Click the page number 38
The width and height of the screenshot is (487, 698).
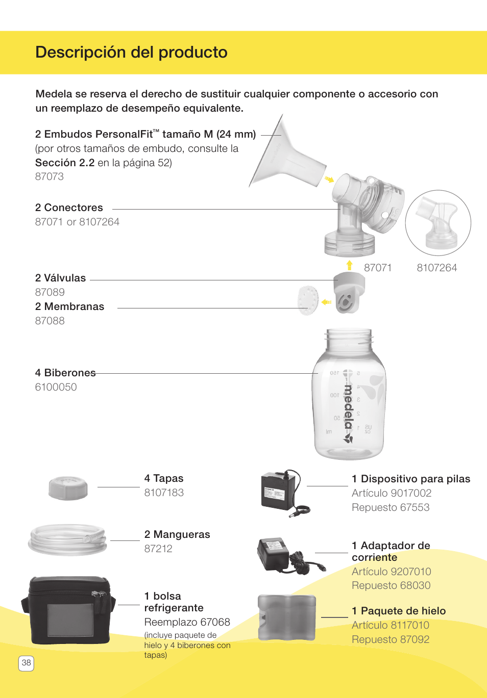click(x=26, y=663)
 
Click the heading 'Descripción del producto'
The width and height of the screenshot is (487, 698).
click(x=131, y=53)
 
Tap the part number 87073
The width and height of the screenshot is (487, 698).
click(x=50, y=177)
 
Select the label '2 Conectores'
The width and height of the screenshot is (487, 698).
click(x=69, y=208)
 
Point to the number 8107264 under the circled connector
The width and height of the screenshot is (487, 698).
click(x=436, y=268)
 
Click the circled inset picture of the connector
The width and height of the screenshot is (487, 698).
click(x=438, y=223)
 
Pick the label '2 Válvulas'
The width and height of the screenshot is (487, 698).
click(x=60, y=278)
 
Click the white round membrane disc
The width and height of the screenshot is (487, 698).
click(x=308, y=300)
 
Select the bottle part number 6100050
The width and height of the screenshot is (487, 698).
click(x=56, y=387)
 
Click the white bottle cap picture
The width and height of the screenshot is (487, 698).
click(x=68, y=488)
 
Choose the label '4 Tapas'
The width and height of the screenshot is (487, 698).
click(x=164, y=479)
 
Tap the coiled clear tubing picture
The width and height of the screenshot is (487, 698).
click(x=67, y=539)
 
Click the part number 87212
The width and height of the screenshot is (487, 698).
click(x=158, y=549)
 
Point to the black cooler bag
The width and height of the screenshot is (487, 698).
click(x=68, y=610)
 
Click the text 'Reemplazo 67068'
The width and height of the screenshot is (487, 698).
click(x=187, y=623)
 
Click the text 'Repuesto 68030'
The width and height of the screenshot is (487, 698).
click(x=391, y=586)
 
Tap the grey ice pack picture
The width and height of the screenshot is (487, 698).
click(x=286, y=617)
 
